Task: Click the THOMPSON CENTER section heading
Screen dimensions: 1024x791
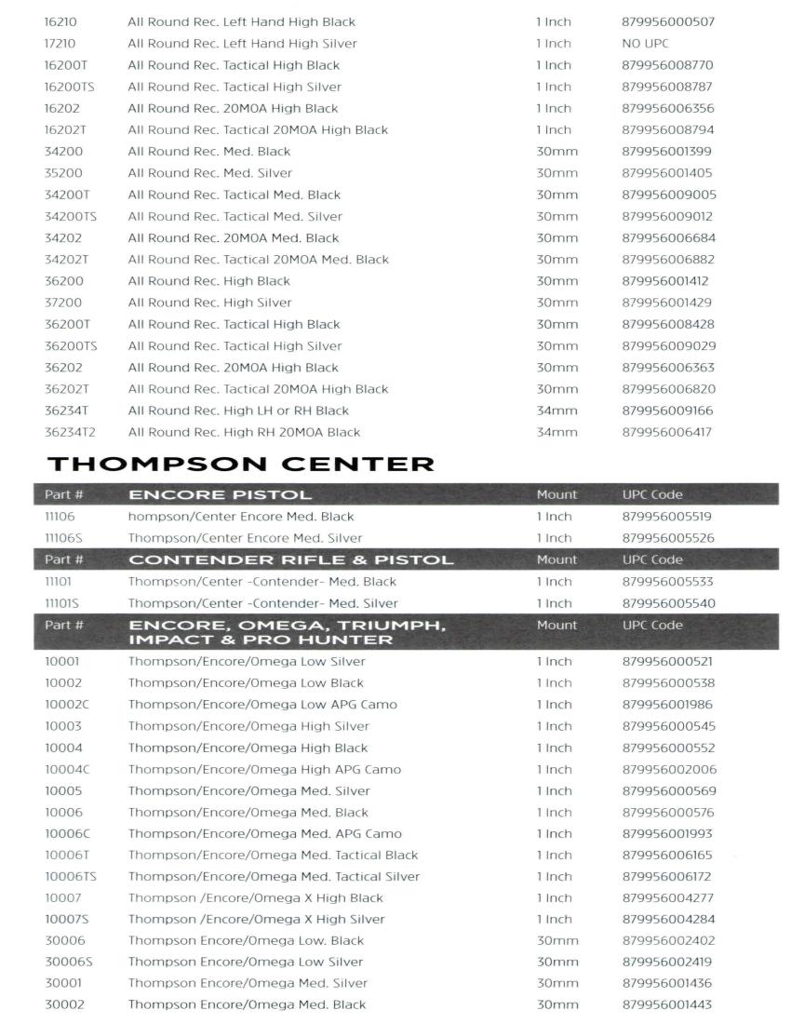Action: (x=239, y=463)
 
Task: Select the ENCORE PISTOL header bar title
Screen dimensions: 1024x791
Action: (x=220, y=494)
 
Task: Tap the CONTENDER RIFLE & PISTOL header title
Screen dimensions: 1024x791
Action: (x=290, y=559)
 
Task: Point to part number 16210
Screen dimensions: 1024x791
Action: (x=60, y=22)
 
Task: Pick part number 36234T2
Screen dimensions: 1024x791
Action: (x=72, y=432)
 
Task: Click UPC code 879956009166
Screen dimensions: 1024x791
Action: (x=668, y=411)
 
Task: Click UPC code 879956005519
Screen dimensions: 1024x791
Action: (x=668, y=517)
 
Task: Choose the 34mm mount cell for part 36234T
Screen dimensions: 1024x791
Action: (x=556, y=411)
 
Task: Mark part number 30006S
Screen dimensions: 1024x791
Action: (x=69, y=962)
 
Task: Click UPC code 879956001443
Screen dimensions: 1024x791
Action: (x=668, y=1004)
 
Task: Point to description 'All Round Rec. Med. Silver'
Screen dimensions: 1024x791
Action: (x=209, y=173)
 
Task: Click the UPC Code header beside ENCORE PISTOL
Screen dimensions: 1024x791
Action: (x=651, y=494)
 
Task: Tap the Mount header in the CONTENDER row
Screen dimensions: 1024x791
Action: (x=556, y=559)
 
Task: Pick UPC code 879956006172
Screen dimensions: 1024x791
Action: (x=668, y=876)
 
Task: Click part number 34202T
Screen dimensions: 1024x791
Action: (x=67, y=260)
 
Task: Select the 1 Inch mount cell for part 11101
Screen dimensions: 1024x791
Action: (x=554, y=582)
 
